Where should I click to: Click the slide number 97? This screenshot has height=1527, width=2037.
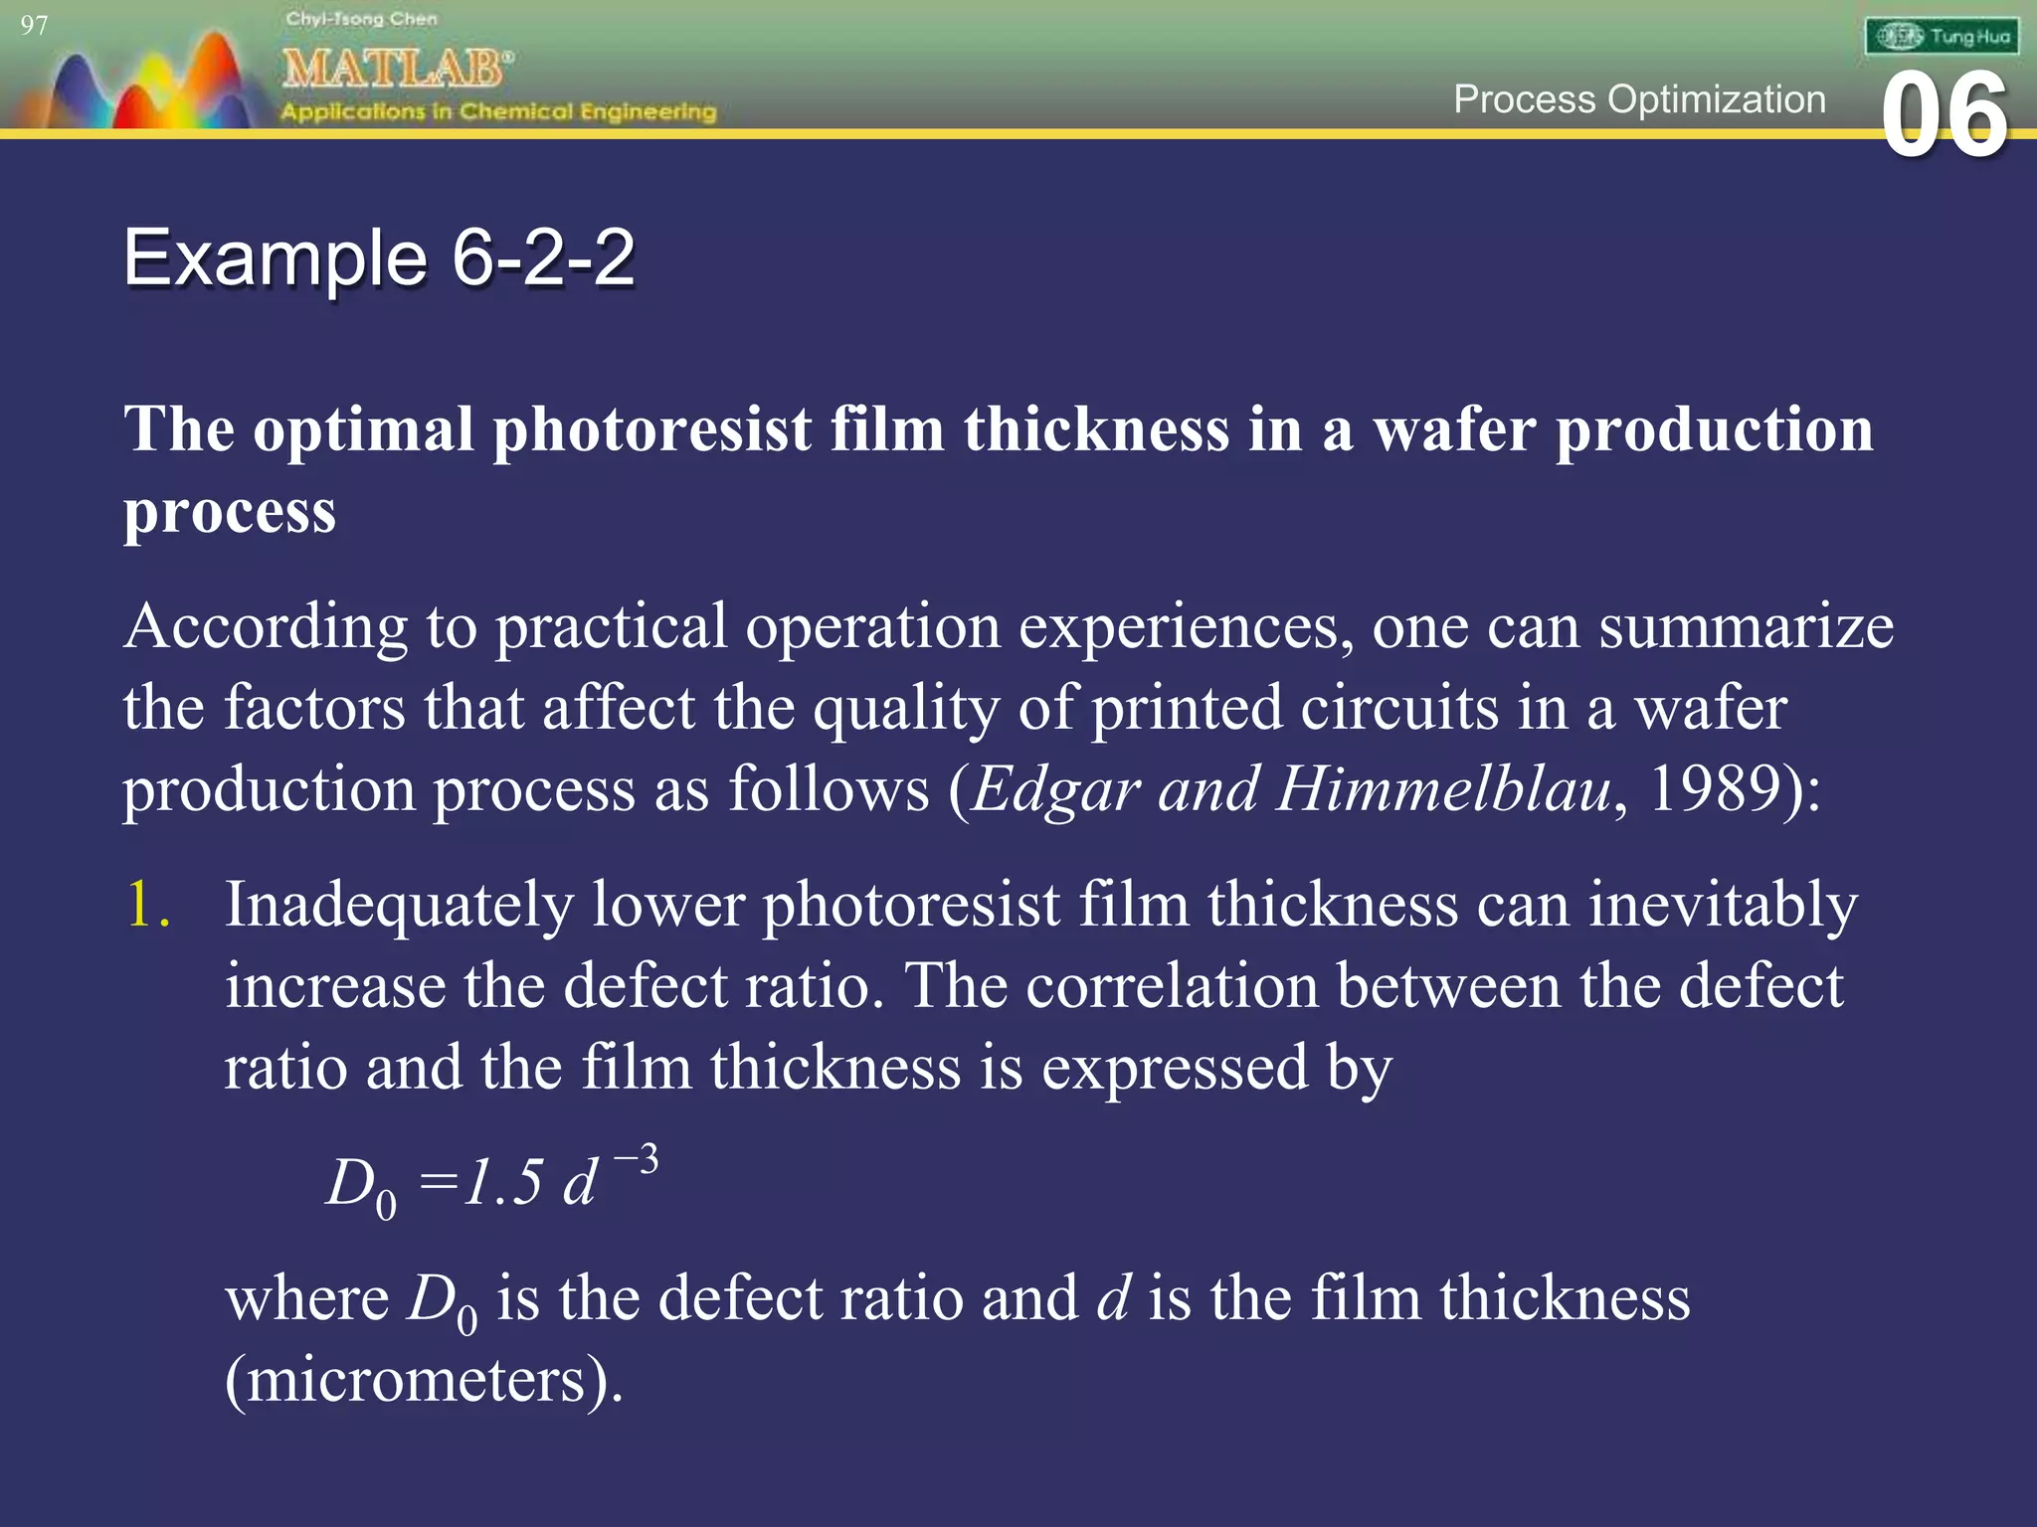34,25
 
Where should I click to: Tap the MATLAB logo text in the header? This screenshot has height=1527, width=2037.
397,69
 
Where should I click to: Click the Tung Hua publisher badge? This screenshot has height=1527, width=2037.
1942,37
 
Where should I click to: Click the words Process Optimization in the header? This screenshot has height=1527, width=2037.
1639,99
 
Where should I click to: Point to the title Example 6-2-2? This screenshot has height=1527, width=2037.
379,257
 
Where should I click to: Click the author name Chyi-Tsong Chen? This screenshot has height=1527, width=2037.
361,19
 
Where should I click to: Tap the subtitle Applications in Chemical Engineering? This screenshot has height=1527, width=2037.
497,111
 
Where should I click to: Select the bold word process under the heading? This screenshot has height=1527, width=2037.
230,512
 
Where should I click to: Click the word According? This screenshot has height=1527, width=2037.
266,627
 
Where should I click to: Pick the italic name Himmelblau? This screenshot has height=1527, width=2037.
1444,789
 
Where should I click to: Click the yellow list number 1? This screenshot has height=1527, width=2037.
146,905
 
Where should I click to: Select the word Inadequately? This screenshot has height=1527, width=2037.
399,905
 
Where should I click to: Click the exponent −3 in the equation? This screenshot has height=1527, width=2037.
636,1160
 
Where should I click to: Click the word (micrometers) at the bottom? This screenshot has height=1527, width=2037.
424,1380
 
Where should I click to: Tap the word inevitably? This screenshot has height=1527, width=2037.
1722,905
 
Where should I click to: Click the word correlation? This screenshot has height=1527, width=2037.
1171,986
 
